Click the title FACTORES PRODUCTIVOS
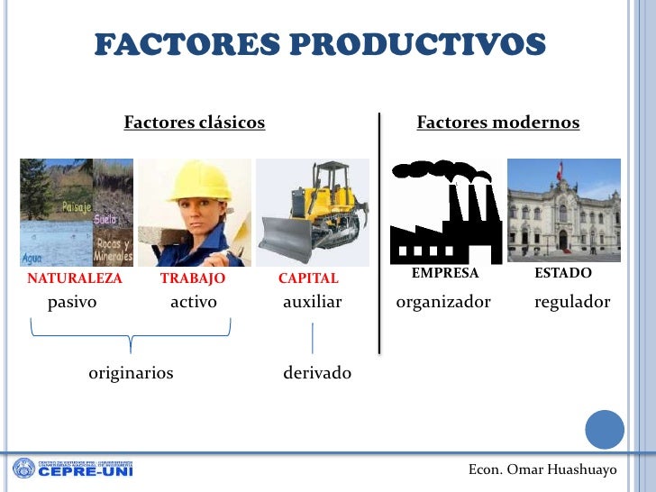click(x=320, y=44)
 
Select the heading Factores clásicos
click(x=195, y=123)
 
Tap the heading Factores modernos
click(x=497, y=123)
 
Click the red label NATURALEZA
click(x=75, y=279)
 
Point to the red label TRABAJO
click(x=193, y=279)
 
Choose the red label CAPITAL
click(x=308, y=279)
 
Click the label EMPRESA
click(x=444, y=273)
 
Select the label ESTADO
click(x=563, y=273)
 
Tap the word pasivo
click(x=72, y=303)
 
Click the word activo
click(x=194, y=303)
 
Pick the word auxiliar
click(x=313, y=303)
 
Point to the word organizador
click(x=443, y=303)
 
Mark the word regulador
click(x=572, y=303)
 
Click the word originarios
click(x=131, y=373)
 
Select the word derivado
click(x=317, y=373)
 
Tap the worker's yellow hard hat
click(x=205, y=180)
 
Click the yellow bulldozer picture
click(x=313, y=212)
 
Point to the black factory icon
click(x=445, y=213)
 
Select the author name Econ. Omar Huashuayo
click(x=542, y=470)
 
